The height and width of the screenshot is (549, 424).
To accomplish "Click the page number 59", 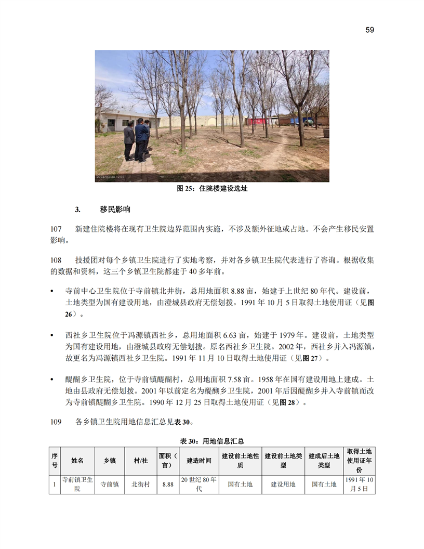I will (369, 30).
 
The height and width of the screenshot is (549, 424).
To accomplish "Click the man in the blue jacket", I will (141, 138).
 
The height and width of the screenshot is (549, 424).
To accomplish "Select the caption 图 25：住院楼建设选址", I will (212, 189).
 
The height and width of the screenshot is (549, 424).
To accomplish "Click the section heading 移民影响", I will (115, 210).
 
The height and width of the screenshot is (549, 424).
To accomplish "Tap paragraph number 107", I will (56, 229).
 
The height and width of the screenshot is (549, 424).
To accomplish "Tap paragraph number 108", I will (56, 259).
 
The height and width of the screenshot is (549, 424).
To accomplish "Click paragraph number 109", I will (56, 421).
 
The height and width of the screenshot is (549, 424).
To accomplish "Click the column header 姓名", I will (77, 461).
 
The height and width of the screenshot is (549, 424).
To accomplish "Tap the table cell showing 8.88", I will (167, 484).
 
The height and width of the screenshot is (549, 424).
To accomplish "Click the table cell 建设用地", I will (283, 484).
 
